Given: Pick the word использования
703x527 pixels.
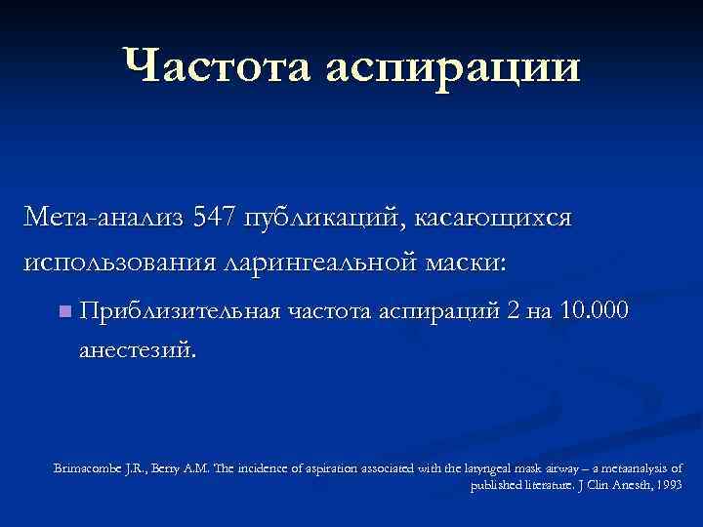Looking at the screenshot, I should click(x=116, y=262).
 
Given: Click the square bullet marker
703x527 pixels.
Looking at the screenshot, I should click(x=64, y=312).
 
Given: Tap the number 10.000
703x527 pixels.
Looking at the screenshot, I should click(x=592, y=310).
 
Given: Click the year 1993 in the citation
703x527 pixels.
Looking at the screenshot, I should click(x=671, y=483).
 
